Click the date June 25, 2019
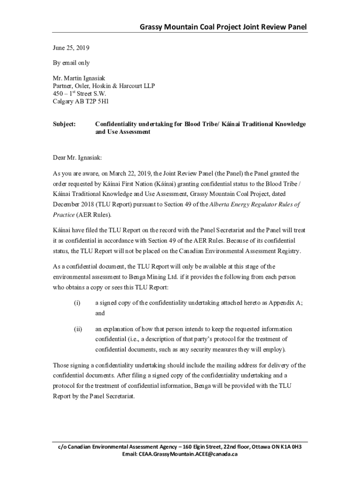coord(71,48)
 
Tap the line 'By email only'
coord(71,63)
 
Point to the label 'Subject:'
coord(65,124)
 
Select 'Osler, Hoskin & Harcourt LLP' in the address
coord(115,86)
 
